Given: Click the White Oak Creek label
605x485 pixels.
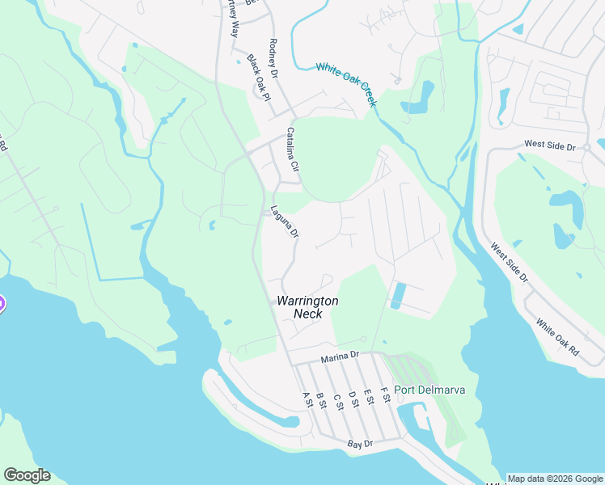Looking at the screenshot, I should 346,85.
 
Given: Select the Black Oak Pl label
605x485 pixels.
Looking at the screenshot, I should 257,78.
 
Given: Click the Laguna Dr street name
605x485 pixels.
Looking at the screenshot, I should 286,221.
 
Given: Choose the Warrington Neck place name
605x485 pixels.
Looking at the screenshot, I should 307,306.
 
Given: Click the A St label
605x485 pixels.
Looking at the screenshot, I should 307,399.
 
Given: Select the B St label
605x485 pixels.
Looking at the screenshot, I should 321,399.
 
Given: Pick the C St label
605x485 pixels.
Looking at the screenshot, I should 337,399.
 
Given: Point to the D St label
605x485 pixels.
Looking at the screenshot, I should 353,399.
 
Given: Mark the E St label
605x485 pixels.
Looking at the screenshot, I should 369,397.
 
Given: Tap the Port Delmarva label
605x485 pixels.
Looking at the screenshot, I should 429,390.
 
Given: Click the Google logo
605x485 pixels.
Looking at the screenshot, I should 27,475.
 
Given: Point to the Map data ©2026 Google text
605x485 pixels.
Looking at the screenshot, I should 555,479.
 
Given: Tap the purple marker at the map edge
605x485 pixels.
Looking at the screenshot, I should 2,304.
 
